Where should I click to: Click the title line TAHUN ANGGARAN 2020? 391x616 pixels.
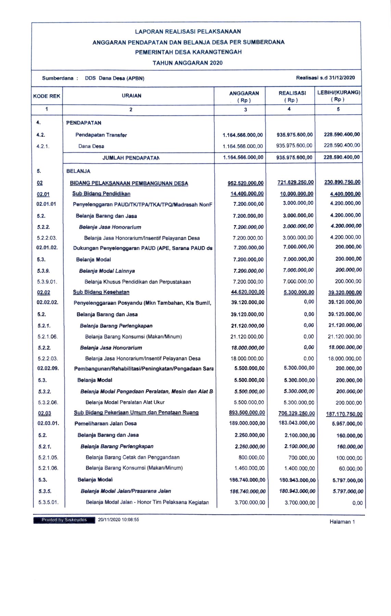187,63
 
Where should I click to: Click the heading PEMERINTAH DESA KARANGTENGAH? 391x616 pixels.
188,52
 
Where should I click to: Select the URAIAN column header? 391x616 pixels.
131,96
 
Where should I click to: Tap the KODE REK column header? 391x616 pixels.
47,96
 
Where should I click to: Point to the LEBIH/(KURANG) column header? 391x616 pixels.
338,96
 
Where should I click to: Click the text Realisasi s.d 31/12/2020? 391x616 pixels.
325,77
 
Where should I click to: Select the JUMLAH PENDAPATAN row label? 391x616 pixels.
131,158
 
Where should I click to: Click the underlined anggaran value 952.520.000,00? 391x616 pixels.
245,183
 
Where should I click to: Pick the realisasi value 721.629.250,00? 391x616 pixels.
295,183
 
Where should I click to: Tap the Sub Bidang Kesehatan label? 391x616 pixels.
101,292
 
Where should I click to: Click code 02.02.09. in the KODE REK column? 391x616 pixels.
48,368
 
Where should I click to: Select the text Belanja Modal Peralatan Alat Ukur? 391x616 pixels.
125,402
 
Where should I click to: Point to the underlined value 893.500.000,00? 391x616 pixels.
247,412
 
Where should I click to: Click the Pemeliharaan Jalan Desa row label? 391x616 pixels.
105,423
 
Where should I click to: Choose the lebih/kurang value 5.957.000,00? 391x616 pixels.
347,424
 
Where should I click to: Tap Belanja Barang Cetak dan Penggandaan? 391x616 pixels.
133,457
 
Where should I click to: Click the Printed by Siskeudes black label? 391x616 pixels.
64,520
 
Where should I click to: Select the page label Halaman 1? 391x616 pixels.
342,522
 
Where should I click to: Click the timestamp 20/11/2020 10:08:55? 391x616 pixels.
118,519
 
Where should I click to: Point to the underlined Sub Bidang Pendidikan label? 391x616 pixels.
101,194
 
